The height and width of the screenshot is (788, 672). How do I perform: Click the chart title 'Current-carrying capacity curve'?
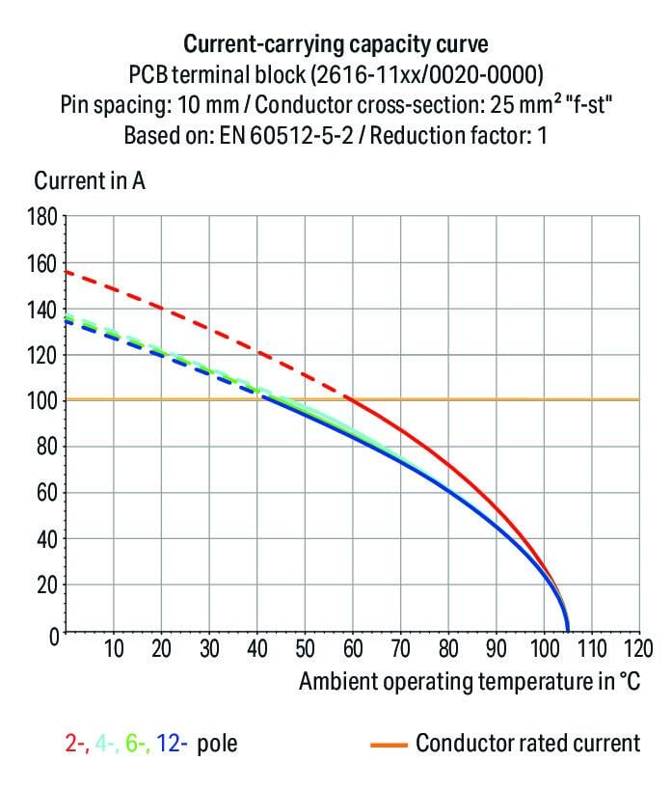point(336,43)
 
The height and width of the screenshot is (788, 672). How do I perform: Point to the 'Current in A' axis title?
point(90,180)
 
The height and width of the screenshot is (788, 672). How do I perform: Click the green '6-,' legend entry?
point(135,744)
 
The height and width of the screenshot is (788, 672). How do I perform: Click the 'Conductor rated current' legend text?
point(527,744)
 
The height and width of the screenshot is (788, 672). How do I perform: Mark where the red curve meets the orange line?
point(350,399)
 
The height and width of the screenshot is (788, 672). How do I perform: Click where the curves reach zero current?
point(567,632)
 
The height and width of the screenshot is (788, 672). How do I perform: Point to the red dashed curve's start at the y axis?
point(66,272)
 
